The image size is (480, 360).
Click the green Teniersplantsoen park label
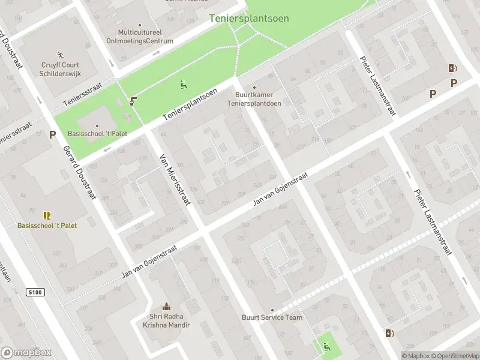[x=249, y=19]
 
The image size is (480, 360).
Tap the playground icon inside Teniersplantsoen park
[x=183, y=85]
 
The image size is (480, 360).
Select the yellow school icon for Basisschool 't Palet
[x=46, y=215]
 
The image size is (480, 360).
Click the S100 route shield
[x=35, y=292]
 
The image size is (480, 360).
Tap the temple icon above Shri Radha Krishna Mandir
[x=166, y=307]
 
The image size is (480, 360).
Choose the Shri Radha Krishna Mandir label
[x=166, y=321]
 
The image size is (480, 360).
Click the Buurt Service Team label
[x=272, y=317]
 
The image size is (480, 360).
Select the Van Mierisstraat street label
[x=174, y=179]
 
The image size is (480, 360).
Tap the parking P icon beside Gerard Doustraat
[x=52, y=134]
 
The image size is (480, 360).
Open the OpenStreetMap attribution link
[x=454, y=356]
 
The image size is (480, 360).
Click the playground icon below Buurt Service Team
[x=326, y=345]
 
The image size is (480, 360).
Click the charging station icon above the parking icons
[x=452, y=68]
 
